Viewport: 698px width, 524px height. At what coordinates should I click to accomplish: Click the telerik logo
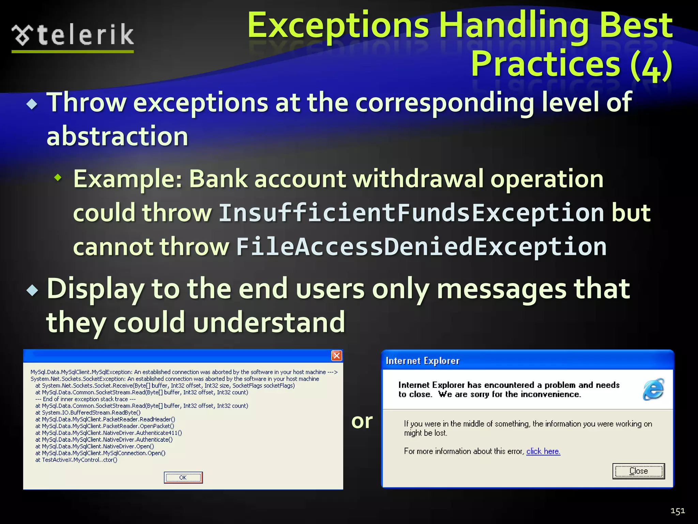point(73,35)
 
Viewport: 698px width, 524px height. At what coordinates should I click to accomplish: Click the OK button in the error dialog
point(183,477)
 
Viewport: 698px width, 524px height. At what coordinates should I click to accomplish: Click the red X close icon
point(336,356)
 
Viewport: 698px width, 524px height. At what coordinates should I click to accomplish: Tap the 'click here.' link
point(543,451)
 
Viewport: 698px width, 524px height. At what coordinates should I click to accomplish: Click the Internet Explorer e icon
point(653,389)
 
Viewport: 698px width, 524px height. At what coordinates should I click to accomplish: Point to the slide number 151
point(678,511)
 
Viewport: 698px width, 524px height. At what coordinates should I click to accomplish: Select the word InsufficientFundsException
point(411,213)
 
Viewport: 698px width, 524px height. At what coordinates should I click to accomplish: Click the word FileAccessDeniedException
point(421,247)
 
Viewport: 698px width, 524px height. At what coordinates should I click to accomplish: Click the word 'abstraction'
point(117,136)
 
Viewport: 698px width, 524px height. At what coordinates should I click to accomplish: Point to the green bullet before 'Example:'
point(58,177)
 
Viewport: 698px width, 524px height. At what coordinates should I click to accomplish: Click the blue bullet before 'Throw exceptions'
point(32,104)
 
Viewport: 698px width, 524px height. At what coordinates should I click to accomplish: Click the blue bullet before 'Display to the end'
point(32,290)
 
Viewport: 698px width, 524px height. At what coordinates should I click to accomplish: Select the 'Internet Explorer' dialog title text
point(423,361)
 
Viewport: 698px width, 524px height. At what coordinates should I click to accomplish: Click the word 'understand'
point(269,322)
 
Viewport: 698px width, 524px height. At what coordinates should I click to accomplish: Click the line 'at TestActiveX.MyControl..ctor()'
point(76,460)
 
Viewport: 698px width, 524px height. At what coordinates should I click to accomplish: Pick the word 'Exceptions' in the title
point(337,26)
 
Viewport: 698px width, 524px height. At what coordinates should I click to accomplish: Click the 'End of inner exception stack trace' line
point(86,399)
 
